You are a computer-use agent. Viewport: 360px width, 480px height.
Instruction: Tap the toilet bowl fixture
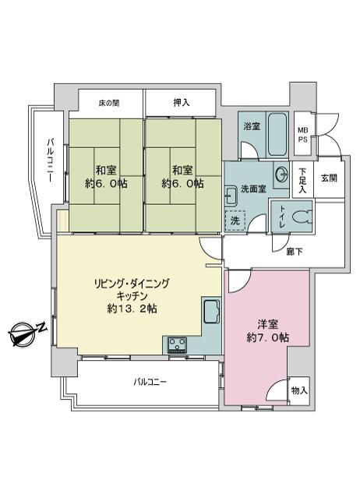tap(302, 217)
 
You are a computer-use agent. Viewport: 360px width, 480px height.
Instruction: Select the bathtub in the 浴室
tap(277, 134)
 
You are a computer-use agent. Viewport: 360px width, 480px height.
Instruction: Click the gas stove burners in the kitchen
tap(177, 344)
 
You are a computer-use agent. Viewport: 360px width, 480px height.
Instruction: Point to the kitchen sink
tap(211, 312)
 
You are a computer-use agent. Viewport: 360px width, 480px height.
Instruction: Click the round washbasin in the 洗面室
tap(281, 175)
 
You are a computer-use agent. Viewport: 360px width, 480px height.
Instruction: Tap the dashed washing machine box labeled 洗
tap(235, 221)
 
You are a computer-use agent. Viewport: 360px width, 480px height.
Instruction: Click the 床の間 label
tap(109, 103)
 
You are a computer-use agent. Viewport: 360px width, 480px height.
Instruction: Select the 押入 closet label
tap(182, 103)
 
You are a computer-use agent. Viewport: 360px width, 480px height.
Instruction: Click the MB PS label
tap(303, 135)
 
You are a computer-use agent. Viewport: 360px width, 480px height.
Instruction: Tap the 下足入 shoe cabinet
tap(303, 180)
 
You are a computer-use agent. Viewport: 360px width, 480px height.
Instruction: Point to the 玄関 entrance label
tap(329, 178)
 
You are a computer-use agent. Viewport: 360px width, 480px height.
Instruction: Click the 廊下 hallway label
tap(295, 252)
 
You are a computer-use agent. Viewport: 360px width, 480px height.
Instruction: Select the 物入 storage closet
tap(299, 390)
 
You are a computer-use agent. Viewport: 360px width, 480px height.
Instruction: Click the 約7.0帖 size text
tap(268, 337)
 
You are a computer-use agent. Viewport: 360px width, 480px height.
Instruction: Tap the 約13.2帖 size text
tap(132, 309)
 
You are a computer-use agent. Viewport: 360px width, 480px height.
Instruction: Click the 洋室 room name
tap(267, 324)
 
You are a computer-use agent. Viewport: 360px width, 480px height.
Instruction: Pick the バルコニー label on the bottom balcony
tap(150, 382)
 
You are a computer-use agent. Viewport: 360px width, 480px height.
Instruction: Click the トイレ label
tap(281, 216)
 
